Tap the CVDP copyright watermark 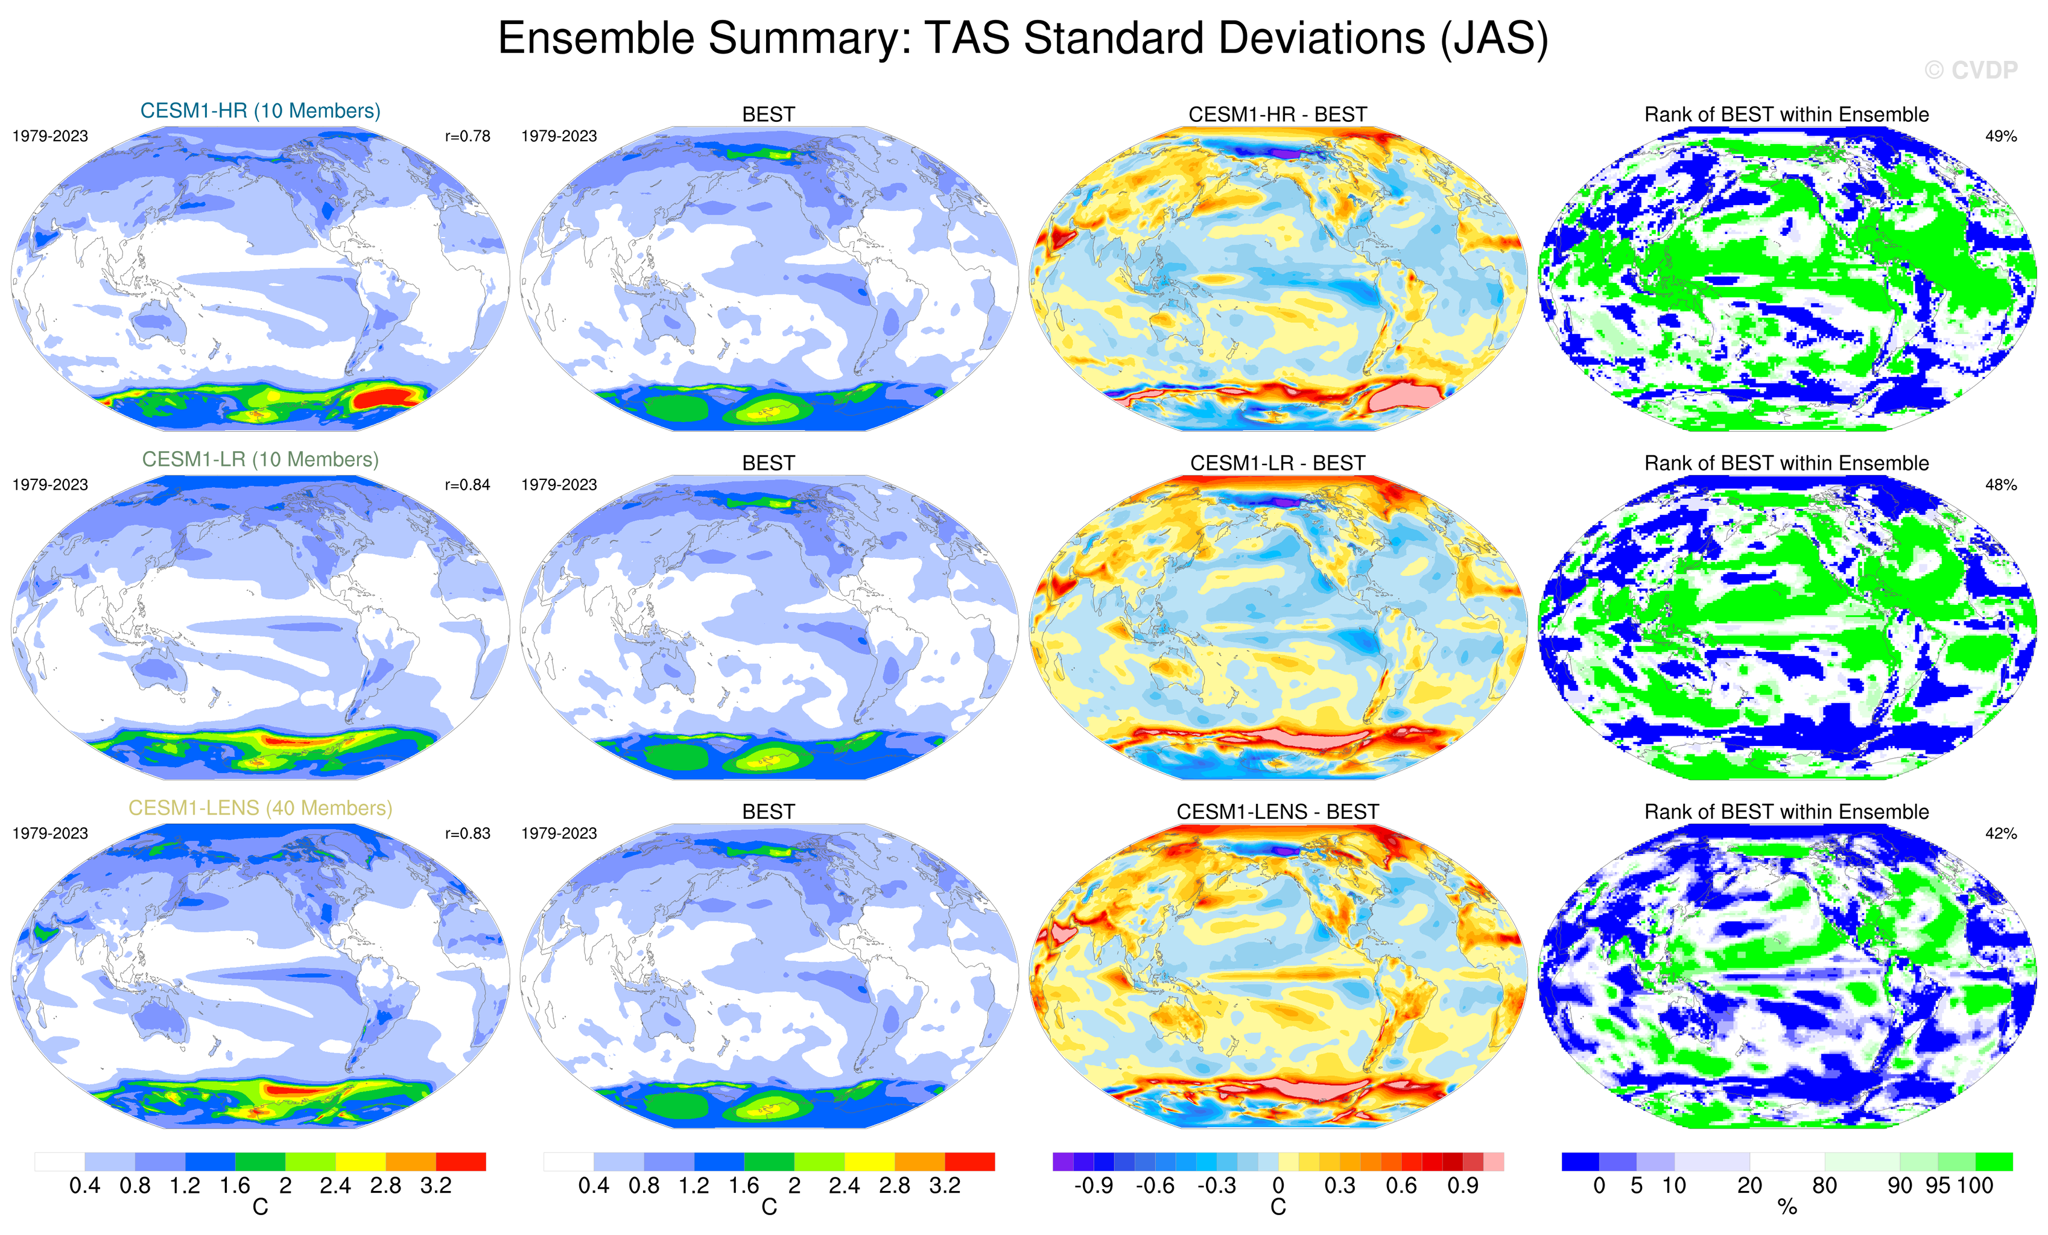click(1970, 71)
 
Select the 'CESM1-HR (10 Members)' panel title click(260, 110)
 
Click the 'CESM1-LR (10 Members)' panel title click(260, 460)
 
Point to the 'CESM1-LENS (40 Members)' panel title click(260, 808)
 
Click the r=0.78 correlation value click(467, 136)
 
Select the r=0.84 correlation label click(467, 484)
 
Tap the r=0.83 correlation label click(467, 833)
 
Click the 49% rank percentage click(2000, 136)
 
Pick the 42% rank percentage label click(2000, 833)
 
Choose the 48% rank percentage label click(2000, 484)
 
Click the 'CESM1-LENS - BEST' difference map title click(1278, 812)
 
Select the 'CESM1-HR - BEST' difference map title click(1278, 115)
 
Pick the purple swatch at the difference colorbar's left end click(1063, 1161)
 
